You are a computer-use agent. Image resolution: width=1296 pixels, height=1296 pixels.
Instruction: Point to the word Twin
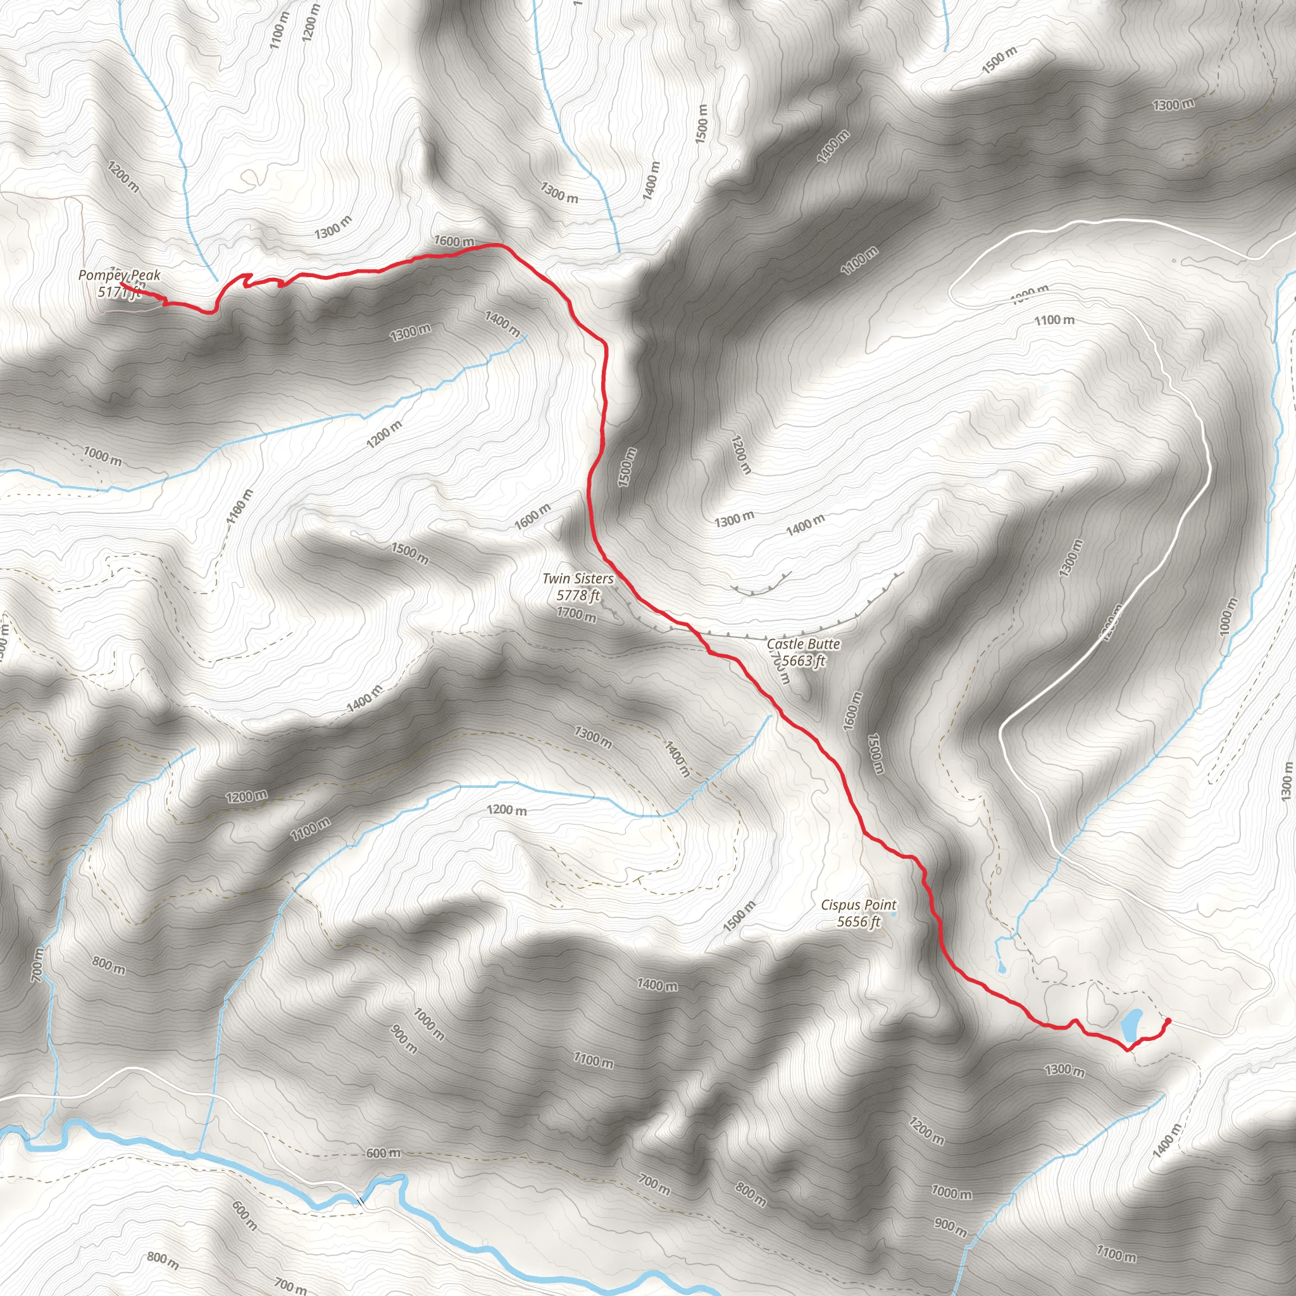556,578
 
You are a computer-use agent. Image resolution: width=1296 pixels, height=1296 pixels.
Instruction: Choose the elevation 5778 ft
578,595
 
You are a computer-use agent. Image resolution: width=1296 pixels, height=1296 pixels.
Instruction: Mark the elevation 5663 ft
804,661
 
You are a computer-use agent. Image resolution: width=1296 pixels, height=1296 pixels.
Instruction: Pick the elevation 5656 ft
859,921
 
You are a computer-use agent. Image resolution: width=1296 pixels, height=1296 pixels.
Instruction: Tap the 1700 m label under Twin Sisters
576,613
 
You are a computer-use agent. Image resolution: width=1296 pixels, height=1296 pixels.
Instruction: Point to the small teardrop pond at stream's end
1002,968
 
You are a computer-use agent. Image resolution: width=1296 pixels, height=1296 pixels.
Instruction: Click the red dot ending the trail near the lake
1169,1021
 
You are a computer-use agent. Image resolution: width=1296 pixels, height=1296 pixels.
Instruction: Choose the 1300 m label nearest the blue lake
1064,1069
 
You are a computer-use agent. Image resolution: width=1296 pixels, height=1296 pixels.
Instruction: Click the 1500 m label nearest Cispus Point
738,916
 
